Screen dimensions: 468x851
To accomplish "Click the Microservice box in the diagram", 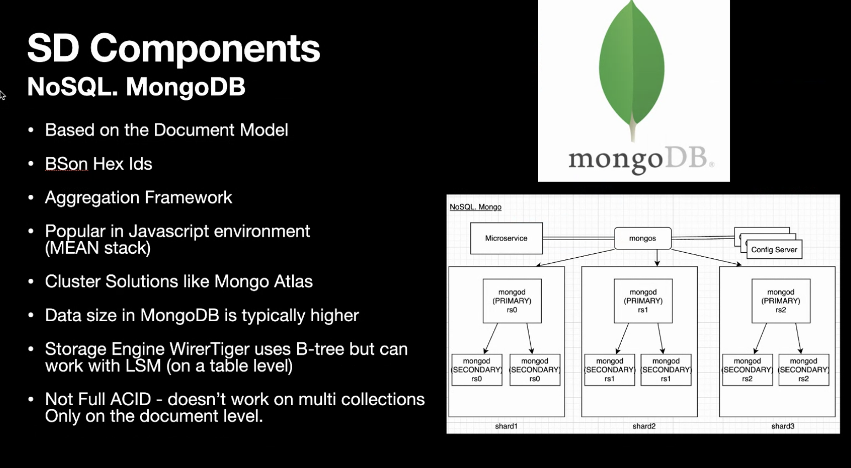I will [x=506, y=238].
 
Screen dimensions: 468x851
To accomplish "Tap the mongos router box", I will [x=643, y=238].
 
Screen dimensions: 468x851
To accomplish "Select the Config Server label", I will [x=774, y=249].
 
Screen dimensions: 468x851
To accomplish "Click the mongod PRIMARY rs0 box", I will [x=512, y=301].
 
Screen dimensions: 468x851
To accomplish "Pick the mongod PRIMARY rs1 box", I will [x=643, y=301].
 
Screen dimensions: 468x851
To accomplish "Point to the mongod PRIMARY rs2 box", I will [x=781, y=301].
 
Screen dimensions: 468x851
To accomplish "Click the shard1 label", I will [x=506, y=426].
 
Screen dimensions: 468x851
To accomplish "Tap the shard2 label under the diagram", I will [x=644, y=426].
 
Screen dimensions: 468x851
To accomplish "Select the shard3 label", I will [x=783, y=426].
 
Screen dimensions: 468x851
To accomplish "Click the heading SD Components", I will [x=174, y=48].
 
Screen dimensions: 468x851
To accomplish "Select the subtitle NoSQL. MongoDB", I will [x=136, y=87].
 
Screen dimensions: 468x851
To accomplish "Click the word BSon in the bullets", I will [x=66, y=164].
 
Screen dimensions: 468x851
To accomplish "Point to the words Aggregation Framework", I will [x=138, y=198].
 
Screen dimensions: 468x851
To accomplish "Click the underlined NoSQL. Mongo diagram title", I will [x=475, y=207].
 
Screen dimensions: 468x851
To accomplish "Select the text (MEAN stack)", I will [x=98, y=248].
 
